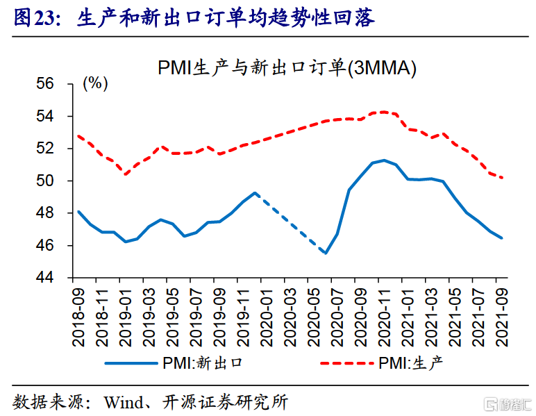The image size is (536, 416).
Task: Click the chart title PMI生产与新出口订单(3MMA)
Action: tap(287, 67)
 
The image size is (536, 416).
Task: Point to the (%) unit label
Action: tap(95, 84)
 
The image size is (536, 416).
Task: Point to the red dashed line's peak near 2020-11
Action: tap(383, 111)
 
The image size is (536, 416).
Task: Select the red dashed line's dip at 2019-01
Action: tap(126, 174)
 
